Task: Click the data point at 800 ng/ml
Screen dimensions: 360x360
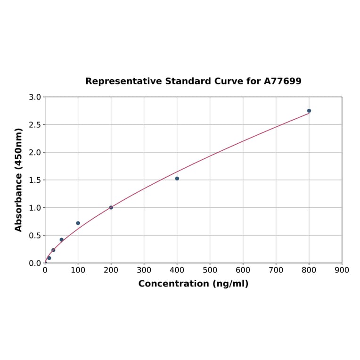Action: [309, 111]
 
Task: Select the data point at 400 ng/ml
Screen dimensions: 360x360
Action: [177, 179]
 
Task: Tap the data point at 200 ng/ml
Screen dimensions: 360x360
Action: [111, 207]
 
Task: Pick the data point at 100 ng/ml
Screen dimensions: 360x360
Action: [78, 223]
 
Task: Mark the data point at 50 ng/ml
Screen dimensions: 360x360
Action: [62, 240]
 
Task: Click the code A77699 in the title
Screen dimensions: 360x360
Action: [282, 81]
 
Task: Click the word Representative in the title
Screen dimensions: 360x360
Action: [123, 81]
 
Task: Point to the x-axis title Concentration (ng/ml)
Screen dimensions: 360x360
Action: [193, 284]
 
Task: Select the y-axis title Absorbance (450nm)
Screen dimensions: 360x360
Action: [19, 180]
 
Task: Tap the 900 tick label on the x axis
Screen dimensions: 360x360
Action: [342, 270]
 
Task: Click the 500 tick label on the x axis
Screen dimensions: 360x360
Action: [210, 270]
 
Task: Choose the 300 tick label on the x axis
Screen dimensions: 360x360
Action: [144, 270]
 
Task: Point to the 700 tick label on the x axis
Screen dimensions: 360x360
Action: [276, 270]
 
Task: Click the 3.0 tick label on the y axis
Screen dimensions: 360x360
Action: [35, 97]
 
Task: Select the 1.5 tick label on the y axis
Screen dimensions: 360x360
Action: [35, 180]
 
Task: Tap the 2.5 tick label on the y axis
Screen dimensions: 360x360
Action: [35, 125]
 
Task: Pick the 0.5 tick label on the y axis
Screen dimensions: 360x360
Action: [35, 235]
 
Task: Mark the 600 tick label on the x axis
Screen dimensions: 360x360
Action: [243, 270]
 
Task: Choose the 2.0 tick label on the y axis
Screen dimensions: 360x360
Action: [35, 152]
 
